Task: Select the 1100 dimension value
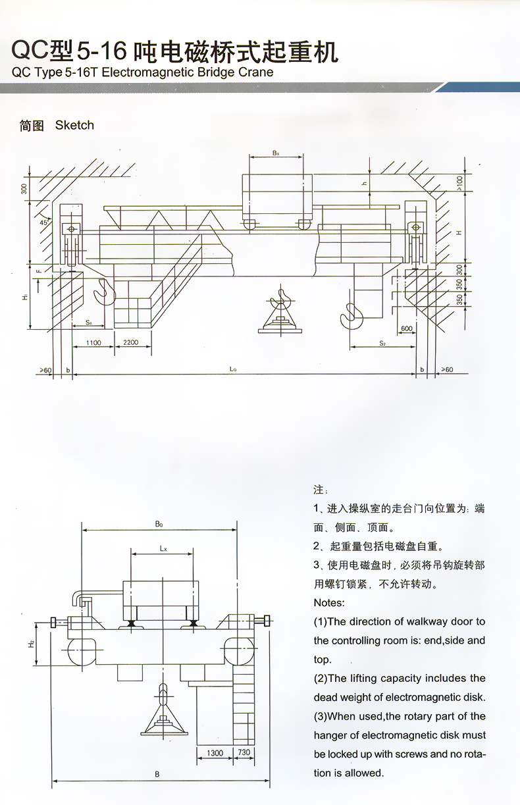pyautogui.click(x=92, y=343)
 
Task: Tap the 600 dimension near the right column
pyautogui.click(x=406, y=328)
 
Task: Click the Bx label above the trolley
pyautogui.click(x=276, y=153)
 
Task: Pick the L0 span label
pyautogui.click(x=233, y=369)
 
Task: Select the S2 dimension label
pyautogui.click(x=381, y=344)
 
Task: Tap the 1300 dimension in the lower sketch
pyautogui.click(x=215, y=752)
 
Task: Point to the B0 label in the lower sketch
pyautogui.click(x=159, y=525)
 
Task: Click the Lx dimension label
pyautogui.click(x=163, y=548)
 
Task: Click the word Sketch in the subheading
pyautogui.click(x=74, y=125)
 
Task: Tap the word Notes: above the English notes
pyautogui.click(x=329, y=602)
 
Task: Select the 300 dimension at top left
pyautogui.click(x=24, y=190)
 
